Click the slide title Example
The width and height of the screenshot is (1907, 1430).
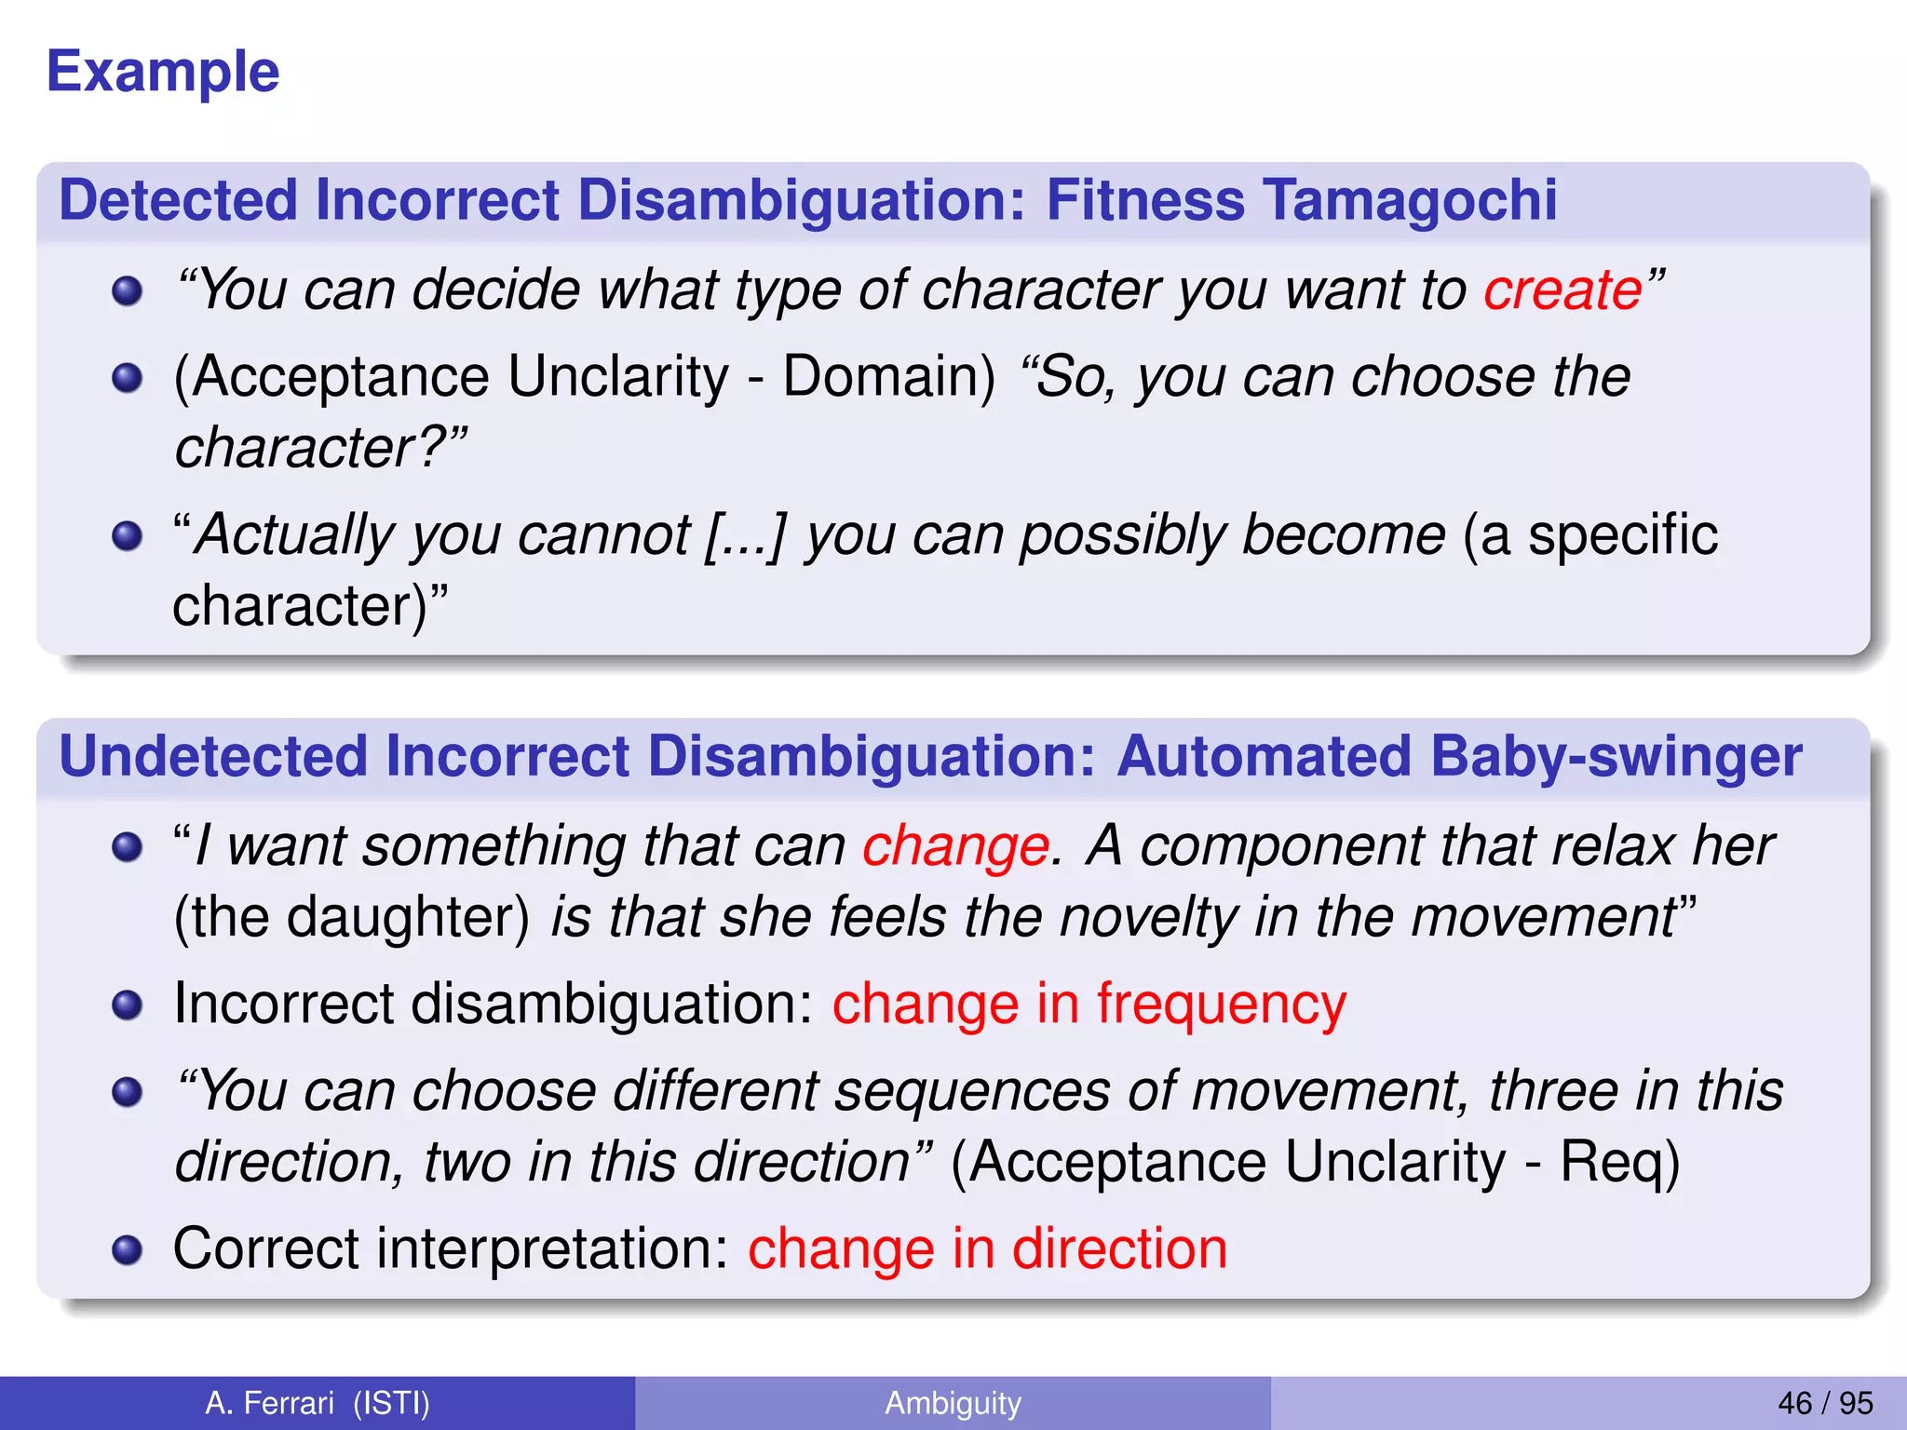click(x=163, y=72)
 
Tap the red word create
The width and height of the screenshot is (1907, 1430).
click(x=1562, y=290)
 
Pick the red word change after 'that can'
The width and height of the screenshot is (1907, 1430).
click(x=955, y=846)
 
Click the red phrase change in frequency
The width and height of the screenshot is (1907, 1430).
click(x=1089, y=1004)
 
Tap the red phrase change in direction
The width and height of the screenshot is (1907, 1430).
click(x=987, y=1248)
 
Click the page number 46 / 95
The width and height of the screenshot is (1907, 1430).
click(x=1825, y=1403)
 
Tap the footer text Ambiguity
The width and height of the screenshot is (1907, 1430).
click(x=953, y=1403)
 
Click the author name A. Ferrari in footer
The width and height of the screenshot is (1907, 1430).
click(x=269, y=1403)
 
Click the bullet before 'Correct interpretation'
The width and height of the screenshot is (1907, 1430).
click(x=127, y=1249)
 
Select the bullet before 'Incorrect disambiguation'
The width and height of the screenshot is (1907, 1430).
click(x=127, y=1005)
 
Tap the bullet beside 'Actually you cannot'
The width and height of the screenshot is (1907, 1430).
click(x=127, y=536)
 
